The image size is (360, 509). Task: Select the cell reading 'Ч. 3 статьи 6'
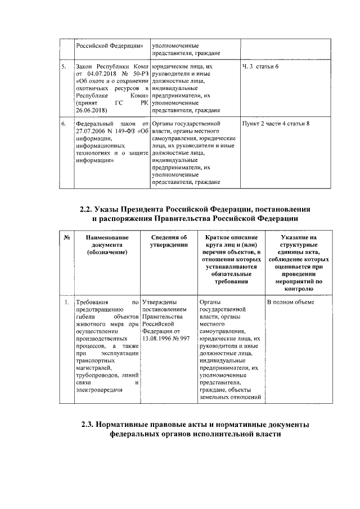(x=260, y=67)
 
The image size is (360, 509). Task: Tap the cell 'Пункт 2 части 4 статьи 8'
(x=275, y=123)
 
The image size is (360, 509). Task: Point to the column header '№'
(x=66, y=237)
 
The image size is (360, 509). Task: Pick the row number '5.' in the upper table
(x=64, y=67)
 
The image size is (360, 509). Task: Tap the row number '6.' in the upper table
(x=64, y=123)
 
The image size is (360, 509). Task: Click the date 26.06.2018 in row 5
(x=92, y=111)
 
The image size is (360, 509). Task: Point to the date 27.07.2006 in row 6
(x=92, y=130)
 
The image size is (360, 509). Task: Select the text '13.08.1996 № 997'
(x=167, y=339)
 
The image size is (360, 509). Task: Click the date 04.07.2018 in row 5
(x=98, y=75)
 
